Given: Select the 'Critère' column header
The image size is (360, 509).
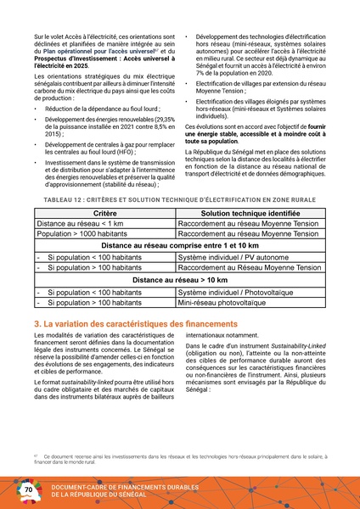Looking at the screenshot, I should [x=104, y=214].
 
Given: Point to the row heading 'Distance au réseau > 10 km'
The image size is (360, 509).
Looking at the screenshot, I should [x=179, y=279].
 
